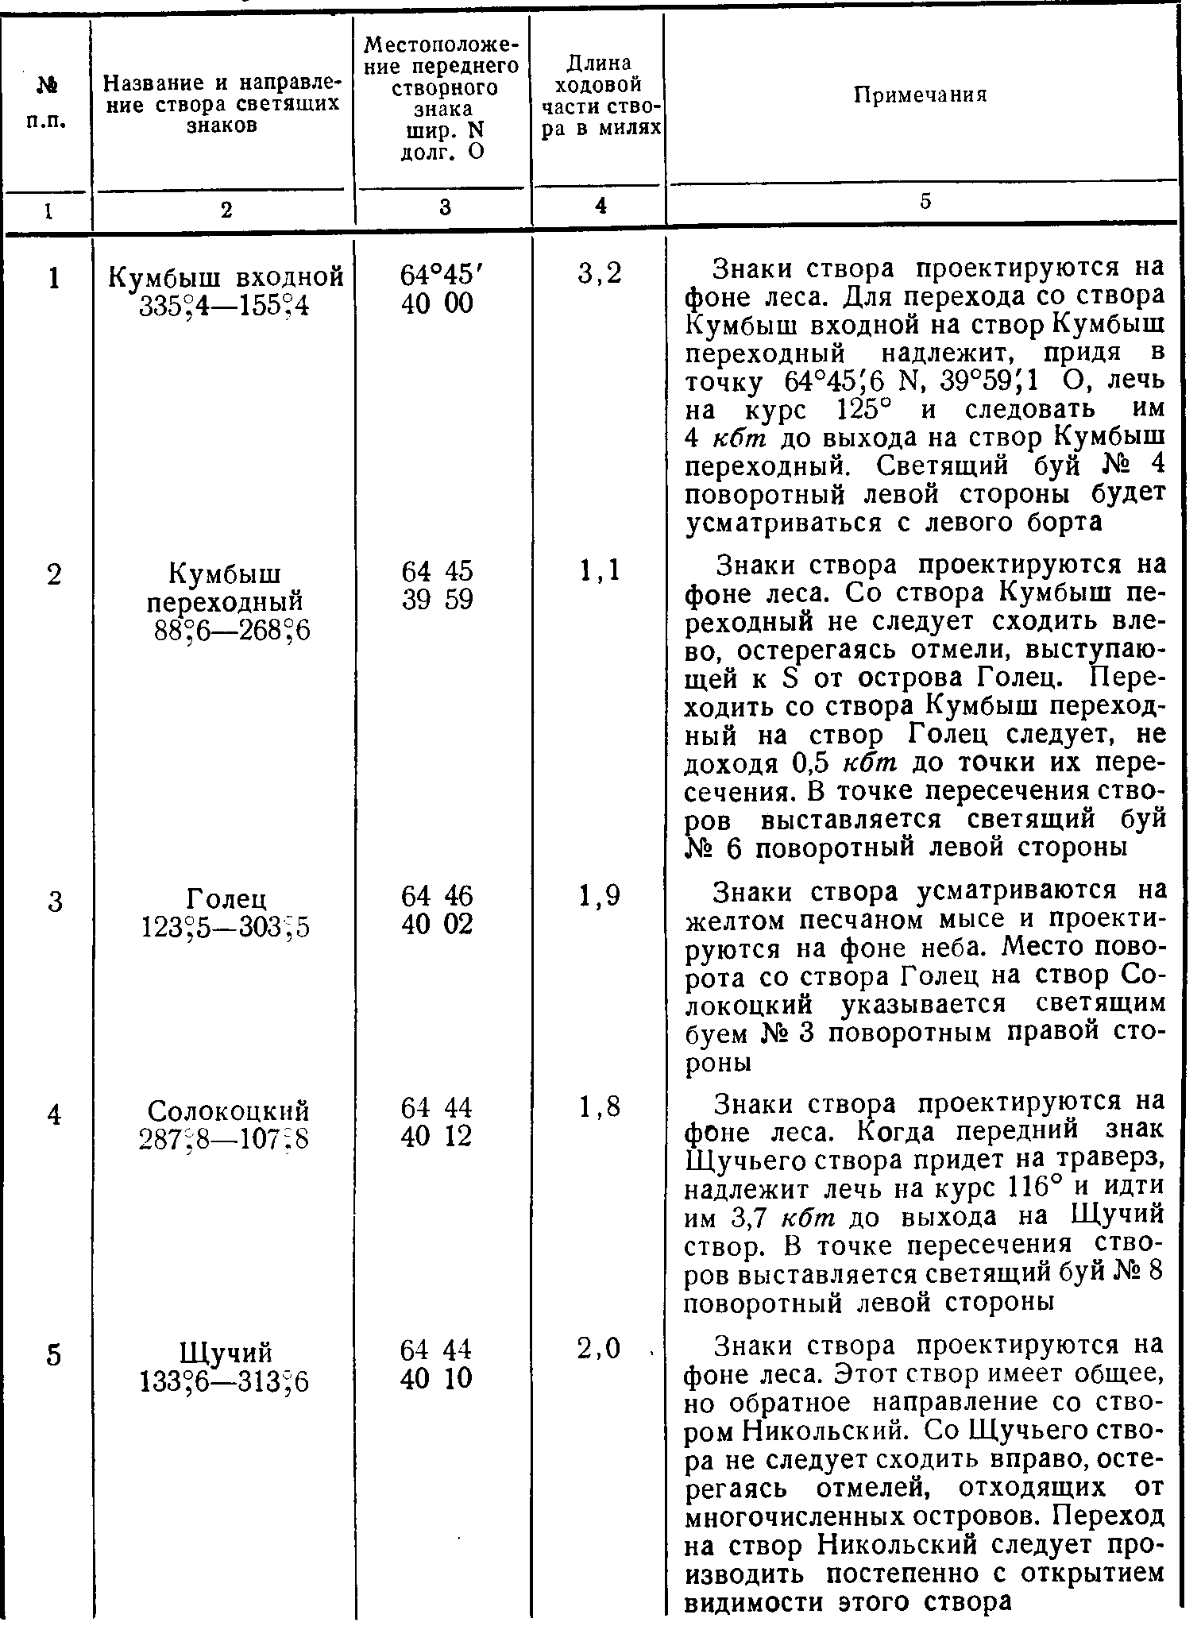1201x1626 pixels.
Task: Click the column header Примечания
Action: (x=920, y=95)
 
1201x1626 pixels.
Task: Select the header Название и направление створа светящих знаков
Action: (x=222, y=104)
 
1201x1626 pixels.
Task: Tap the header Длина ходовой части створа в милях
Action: (x=600, y=96)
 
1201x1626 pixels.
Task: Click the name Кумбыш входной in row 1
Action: (x=226, y=276)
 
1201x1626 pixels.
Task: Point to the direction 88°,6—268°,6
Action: (x=230, y=630)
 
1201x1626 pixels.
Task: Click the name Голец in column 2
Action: (x=226, y=898)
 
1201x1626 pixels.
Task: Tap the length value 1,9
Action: (x=600, y=896)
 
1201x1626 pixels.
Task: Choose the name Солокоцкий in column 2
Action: (x=228, y=1110)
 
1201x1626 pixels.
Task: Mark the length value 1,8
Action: (x=600, y=1107)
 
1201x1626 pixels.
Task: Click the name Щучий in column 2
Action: (x=226, y=1352)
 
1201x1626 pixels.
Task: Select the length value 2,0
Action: (x=600, y=1349)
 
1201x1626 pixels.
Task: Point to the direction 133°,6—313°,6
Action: (x=225, y=1381)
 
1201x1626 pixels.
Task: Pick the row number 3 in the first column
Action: (x=54, y=902)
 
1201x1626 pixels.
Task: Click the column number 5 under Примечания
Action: (x=925, y=203)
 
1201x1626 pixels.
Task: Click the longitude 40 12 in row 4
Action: (x=438, y=1136)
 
